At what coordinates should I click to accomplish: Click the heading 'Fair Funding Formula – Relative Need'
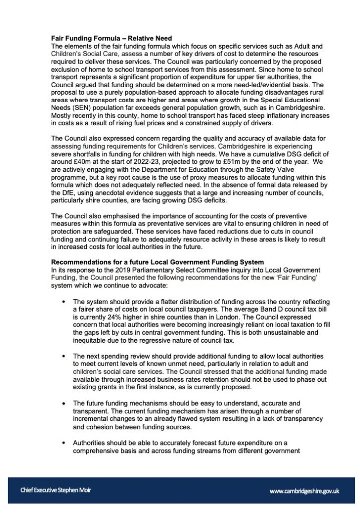point(112,38)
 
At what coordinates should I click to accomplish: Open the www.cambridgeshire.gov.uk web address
point(304,491)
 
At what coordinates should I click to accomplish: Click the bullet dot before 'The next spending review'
point(63,356)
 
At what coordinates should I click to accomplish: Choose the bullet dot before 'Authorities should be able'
point(63,443)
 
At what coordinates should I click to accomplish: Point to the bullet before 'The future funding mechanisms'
point(63,403)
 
